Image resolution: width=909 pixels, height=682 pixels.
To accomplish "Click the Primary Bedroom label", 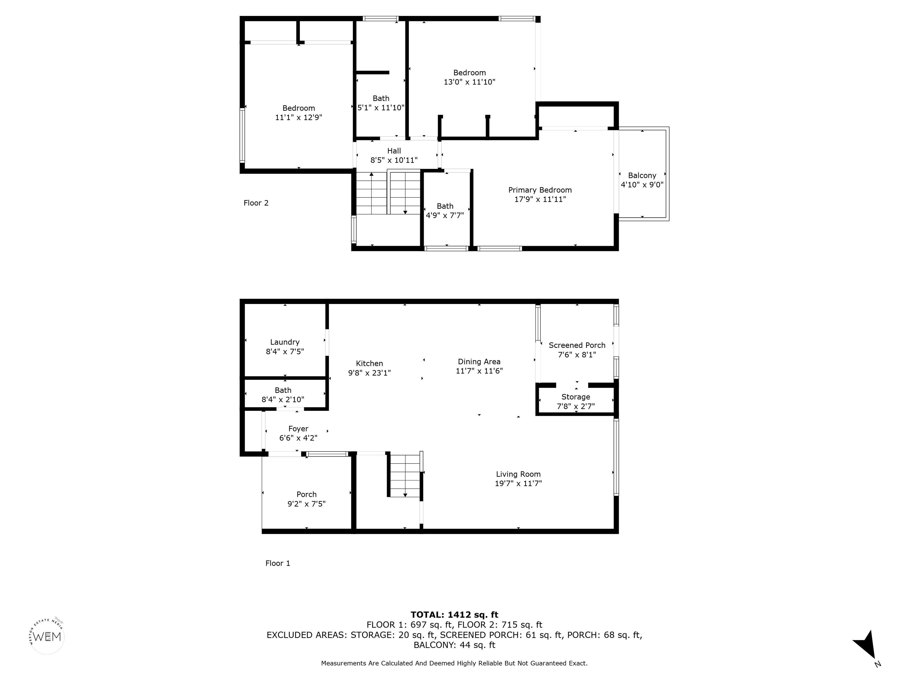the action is pos(540,190).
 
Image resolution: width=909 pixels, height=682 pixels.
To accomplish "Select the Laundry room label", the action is pos(285,342).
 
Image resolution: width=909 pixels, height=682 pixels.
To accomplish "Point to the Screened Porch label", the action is pos(577,345).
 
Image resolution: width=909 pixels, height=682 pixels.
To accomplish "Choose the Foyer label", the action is pos(298,429).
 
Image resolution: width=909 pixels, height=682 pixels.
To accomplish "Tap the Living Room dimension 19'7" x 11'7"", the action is pos(518,483).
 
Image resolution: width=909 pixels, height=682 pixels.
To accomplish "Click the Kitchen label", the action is pos(370,363).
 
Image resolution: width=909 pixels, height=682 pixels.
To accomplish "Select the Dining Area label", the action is pos(479,362).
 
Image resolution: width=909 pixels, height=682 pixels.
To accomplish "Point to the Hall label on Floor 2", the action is pos(394,151).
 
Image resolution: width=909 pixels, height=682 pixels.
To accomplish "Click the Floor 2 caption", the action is pos(256,203).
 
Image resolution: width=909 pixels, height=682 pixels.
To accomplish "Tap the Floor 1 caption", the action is pos(278,563).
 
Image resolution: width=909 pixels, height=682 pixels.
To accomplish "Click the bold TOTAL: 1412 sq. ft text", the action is pos(454,615).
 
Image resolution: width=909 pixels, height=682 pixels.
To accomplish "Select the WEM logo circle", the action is pos(47,636).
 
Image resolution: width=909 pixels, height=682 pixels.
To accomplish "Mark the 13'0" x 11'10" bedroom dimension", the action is pos(469,82).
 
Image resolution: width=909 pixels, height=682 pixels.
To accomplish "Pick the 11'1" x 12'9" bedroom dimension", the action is pos(299,117).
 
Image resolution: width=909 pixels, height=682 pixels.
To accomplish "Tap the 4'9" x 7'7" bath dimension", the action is pos(445,215).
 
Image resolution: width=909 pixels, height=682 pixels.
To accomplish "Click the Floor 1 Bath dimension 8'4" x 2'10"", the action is pos(283,400).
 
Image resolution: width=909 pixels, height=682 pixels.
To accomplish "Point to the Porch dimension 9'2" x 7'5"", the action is pos(307,504).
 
